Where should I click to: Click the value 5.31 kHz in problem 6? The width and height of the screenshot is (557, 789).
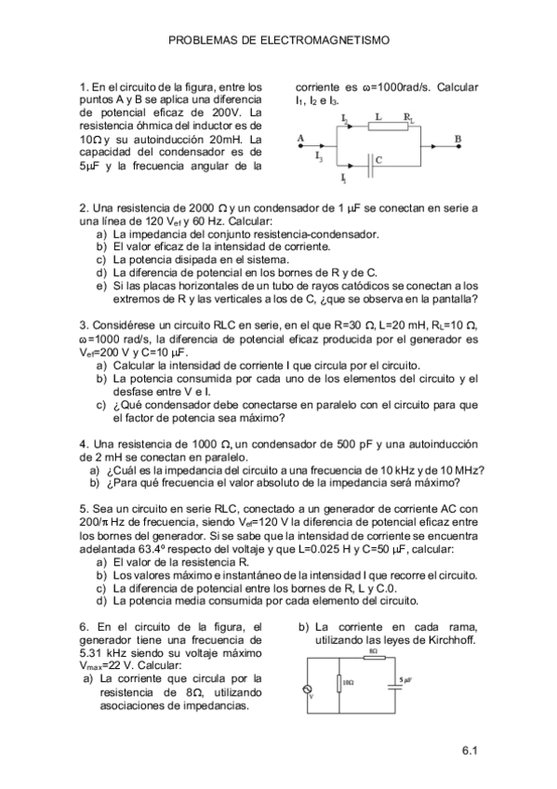[106, 653]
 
